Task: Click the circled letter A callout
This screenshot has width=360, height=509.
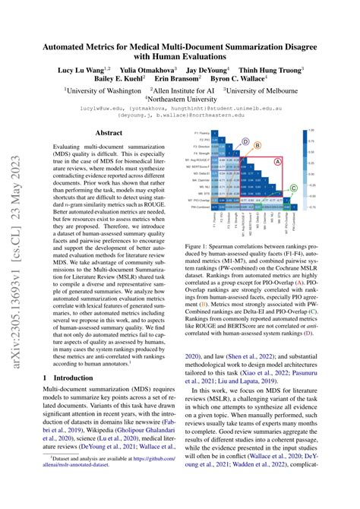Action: pos(277,161)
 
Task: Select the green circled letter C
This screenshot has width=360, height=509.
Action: pos(293,187)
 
